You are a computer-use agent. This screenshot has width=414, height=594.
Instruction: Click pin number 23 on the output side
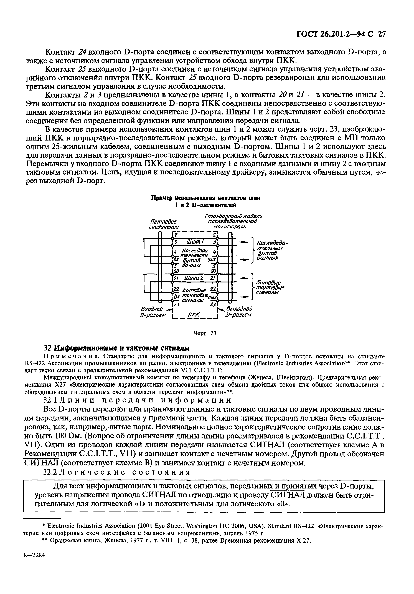tap(213, 305)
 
